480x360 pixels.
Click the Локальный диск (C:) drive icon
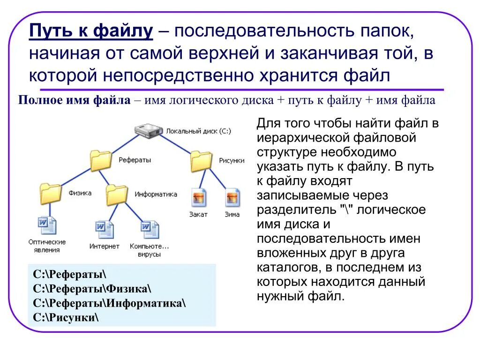tap(149, 131)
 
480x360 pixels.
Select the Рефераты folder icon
tap(101, 160)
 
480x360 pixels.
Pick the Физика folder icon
tap(51, 193)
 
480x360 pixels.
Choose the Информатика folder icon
tap(117, 194)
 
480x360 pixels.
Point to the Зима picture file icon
tap(232, 197)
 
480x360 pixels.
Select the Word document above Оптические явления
tap(47, 225)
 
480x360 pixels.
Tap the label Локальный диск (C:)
tap(198, 131)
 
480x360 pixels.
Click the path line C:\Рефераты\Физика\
tap(92, 288)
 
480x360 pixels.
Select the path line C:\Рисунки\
tap(66, 317)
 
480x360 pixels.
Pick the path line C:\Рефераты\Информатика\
tap(110, 303)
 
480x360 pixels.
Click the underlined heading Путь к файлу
tap(91, 32)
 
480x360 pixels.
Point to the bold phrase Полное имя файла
tap(74, 100)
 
